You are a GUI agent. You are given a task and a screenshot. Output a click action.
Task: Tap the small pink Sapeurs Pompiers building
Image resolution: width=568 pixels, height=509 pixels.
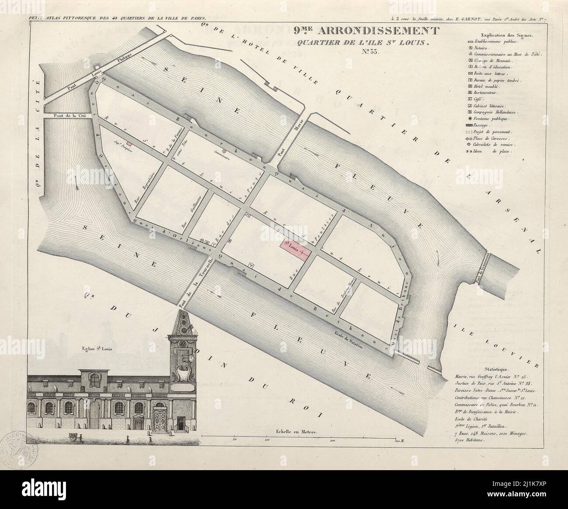[129, 143]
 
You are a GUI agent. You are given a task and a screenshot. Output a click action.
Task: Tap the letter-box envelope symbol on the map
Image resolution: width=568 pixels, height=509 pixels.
[248, 214]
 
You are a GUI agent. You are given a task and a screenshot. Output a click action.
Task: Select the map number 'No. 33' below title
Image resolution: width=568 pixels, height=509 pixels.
[371, 52]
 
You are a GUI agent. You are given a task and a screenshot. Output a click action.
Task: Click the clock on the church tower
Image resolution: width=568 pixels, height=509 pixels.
[190, 358]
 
